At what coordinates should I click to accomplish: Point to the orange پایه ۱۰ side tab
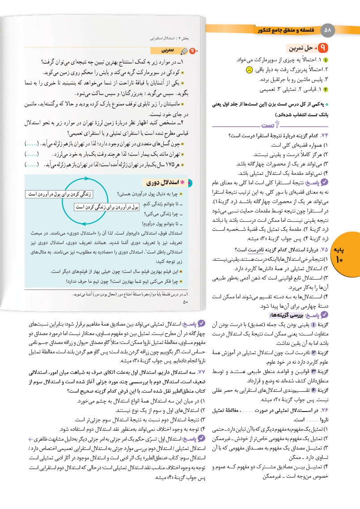point(347,253)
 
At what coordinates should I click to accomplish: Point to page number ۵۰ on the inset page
point(186,302)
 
